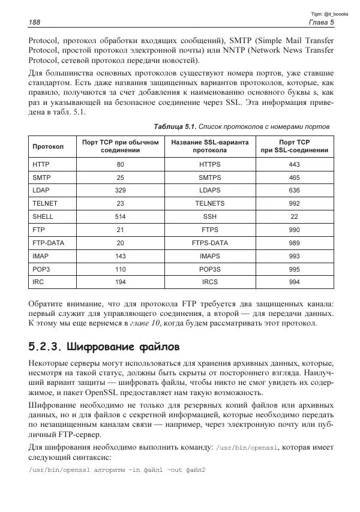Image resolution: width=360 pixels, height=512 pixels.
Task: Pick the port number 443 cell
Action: tap(294, 164)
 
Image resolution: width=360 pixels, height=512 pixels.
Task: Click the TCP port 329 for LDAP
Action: tap(120, 190)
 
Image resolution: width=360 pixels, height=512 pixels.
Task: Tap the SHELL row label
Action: tap(43, 216)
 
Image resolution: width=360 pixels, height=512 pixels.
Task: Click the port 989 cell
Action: tap(294, 242)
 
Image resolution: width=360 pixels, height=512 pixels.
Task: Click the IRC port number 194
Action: tap(120, 281)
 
